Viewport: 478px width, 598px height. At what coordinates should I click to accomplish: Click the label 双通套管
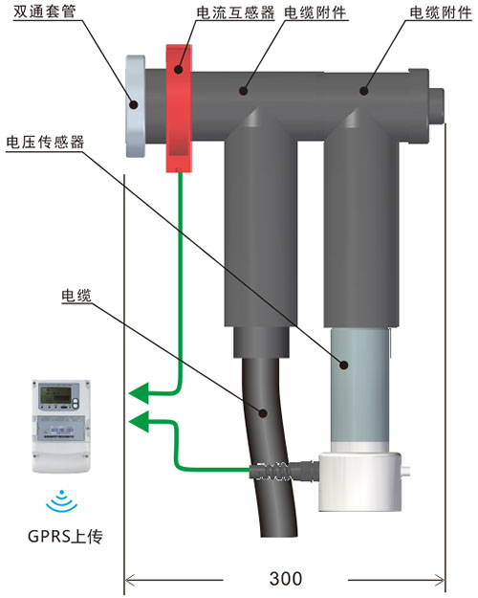click(45, 11)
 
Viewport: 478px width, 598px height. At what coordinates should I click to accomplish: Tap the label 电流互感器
click(235, 12)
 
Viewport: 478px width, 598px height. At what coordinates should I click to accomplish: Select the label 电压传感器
click(45, 143)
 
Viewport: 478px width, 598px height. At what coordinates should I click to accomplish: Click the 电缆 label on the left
click(76, 296)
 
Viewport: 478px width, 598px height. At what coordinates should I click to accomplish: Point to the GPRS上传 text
click(65, 536)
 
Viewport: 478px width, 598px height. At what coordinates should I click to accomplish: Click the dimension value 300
click(286, 578)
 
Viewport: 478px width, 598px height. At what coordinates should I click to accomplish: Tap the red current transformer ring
click(179, 108)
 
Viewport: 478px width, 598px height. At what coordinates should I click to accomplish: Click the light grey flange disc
click(136, 106)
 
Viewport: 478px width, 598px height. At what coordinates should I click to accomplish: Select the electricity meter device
click(61, 426)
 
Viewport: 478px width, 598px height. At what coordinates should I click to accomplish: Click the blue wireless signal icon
click(61, 501)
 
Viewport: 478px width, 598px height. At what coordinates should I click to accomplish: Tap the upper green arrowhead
click(139, 393)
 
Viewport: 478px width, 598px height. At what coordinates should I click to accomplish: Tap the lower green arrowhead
click(139, 421)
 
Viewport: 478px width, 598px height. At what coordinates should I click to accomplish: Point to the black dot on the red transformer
click(178, 70)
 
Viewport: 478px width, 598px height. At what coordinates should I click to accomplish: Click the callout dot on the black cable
click(263, 412)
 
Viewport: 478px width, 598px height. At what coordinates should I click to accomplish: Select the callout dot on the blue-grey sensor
click(344, 365)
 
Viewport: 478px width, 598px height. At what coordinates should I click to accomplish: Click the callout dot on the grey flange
click(134, 104)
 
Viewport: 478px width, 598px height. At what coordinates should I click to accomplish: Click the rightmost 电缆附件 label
click(441, 12)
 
